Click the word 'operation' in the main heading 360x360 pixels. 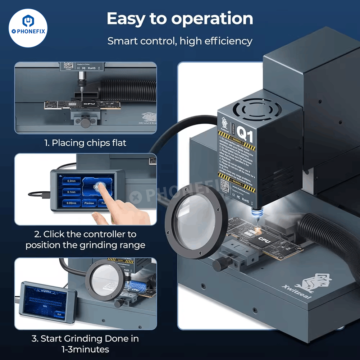[212, 19]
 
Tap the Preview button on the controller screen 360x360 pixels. [89, 203]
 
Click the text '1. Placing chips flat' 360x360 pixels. [85, 143]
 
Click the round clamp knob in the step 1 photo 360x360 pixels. [85, 123]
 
